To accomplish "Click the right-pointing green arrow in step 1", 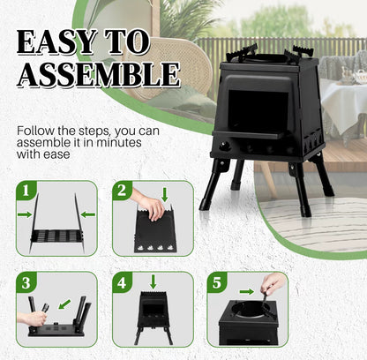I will point(24,214).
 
